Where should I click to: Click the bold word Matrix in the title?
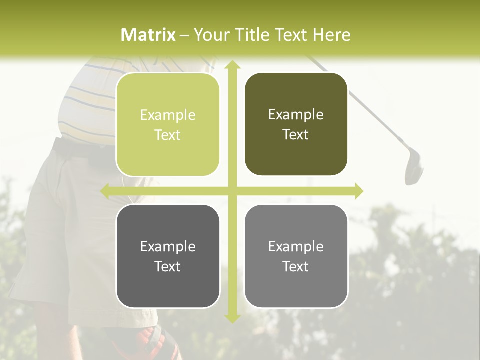(x=148, y=35)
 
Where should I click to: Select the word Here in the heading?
(x=331, y=35)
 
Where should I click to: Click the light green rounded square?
(x=168, y=125)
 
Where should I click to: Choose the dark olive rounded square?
(x=296, y=124)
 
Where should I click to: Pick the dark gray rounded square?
(x=168, y=256)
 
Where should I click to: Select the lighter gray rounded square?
(x=296, y=256)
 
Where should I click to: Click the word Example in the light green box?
(x=168, y=115)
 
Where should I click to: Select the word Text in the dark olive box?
(x=296, y=135)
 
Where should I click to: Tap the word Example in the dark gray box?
(x=168, y=247)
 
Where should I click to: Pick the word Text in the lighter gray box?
(x=296, y=266)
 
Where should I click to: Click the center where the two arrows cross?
(x=232, y=191)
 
